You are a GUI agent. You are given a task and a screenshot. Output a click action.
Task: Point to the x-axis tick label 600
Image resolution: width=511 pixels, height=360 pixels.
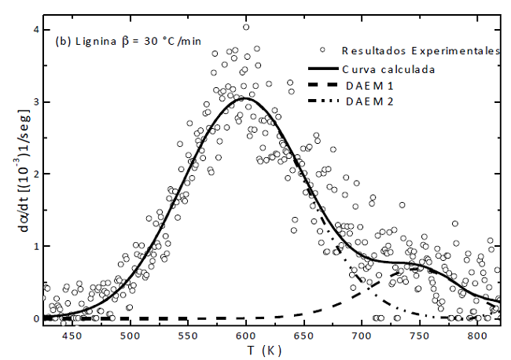tap(246, 336)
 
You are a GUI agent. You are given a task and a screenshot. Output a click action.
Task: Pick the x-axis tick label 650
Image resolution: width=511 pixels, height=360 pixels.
tap(303, 336)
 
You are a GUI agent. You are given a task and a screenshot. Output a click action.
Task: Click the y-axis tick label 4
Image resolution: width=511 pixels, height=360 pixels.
tap(35, 30)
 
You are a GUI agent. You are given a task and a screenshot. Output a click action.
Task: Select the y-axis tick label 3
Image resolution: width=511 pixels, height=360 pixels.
tap(35, 102)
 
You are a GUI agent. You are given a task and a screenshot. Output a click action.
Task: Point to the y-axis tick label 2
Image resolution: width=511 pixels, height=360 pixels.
tap(35, 174)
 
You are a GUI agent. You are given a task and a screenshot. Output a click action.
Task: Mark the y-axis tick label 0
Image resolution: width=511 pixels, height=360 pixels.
tap(35, 318)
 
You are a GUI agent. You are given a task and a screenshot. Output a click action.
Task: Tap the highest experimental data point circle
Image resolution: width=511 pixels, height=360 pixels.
tap(246, 27)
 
